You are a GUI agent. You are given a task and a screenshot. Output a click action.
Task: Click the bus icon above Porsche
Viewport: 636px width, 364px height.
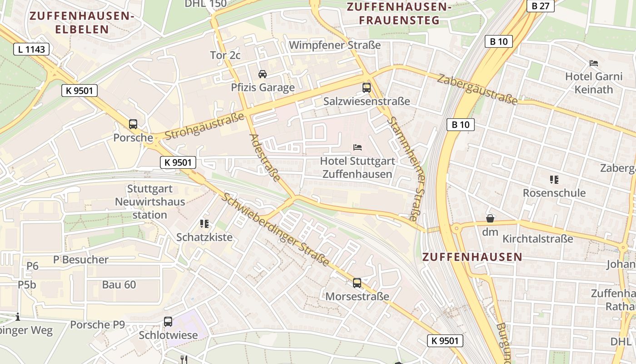(x=133, y=124)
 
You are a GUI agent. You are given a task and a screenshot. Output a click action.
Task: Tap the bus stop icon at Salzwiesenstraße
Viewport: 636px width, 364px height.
(x=366, y=88)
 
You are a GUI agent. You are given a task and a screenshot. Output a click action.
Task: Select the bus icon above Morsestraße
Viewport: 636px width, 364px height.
(x=357, y=283)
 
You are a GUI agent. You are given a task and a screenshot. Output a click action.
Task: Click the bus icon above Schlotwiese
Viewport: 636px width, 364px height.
(x=168, y=322)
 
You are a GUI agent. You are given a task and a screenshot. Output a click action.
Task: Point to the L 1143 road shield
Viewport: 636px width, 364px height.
(x=31, y=49)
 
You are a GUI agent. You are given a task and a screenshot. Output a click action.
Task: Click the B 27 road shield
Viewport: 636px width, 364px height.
(x=540, y=6)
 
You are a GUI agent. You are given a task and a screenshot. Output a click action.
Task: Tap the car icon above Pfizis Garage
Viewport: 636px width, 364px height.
(x=262, y=74)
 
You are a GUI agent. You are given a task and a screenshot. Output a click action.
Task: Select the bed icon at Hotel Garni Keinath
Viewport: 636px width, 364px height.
(x=593, y=63)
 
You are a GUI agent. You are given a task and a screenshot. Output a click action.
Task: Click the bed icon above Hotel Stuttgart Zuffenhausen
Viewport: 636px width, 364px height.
(x=358, y=147)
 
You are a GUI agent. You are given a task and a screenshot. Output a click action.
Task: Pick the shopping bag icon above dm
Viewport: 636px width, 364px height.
(x=490, y=218)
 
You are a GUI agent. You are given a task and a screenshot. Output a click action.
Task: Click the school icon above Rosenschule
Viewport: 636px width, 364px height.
(x=554, y=180)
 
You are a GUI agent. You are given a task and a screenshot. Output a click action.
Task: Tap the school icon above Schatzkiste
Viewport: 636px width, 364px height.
(x=204, y=223)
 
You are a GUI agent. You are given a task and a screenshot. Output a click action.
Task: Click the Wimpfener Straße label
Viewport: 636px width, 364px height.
(x=334, y=45)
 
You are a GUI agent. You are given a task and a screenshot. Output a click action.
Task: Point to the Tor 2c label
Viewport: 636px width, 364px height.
(x=225, y=55)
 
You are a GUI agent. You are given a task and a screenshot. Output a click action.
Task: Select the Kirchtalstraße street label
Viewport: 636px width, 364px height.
(x=537, y=239)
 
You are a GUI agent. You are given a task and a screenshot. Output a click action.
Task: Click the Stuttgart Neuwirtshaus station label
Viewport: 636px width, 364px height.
(x=150, y=202)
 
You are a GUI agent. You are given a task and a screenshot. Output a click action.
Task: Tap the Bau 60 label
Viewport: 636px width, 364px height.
(x=119, y=285)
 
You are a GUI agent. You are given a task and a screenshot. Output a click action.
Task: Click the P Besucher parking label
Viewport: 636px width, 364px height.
(x=81, y=260)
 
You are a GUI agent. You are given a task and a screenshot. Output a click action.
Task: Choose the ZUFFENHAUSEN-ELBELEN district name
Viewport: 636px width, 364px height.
(x=82, y=23)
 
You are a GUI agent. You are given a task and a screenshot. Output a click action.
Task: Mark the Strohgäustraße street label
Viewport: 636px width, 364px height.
(x=204, y=128)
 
